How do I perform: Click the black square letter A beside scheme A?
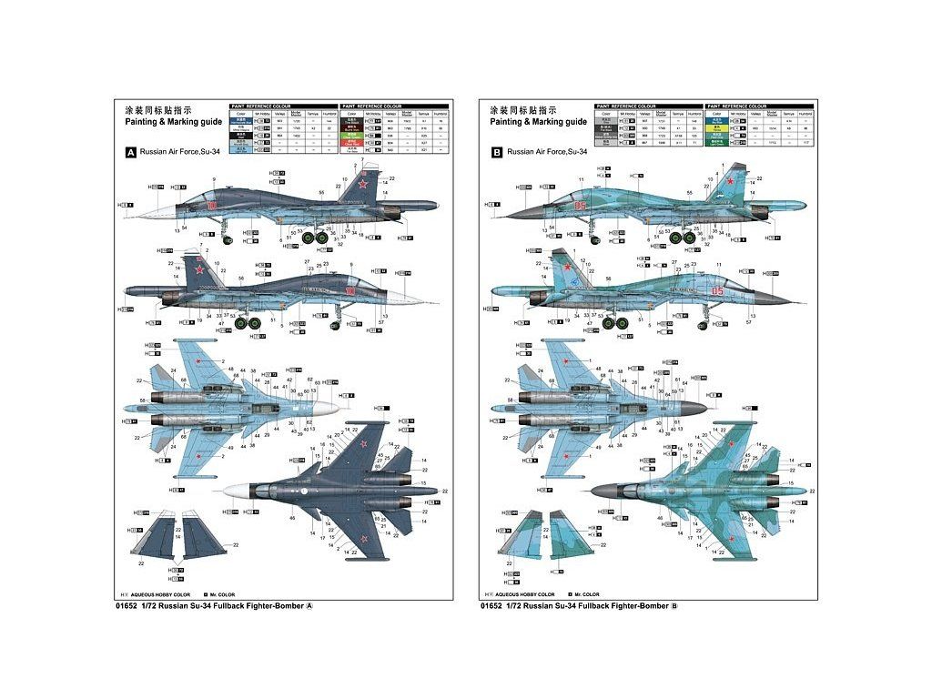131,154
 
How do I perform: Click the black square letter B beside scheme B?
496,154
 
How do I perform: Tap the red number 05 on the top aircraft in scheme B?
581,206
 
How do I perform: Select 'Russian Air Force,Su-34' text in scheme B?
548,153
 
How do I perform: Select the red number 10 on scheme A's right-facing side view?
350,290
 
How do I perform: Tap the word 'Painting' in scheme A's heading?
143,121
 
